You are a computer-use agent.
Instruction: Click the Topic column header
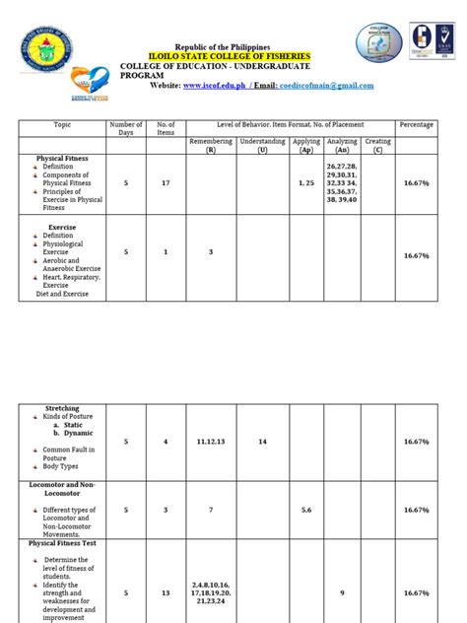click(x=61, y=125)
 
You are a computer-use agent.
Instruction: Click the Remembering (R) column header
click(x=210, y=146)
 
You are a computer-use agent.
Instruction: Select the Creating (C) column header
click(x=377, y=146)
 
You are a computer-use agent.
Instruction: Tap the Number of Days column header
click(x=125, y=129)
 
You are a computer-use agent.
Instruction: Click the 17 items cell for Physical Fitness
click(x=166, y=183)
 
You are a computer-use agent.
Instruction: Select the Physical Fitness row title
click(x=62, y=158)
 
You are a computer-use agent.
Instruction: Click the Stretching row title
click(x=62, y=408)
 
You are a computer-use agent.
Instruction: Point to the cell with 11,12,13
click(x=210, y=442)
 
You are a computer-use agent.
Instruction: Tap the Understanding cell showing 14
click(x=262, y=442)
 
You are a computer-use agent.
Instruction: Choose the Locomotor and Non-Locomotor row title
click(x=62, y=490)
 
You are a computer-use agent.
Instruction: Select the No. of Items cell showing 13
click(x=166, y=593)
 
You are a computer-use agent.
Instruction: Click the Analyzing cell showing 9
click(x=341, y=593)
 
